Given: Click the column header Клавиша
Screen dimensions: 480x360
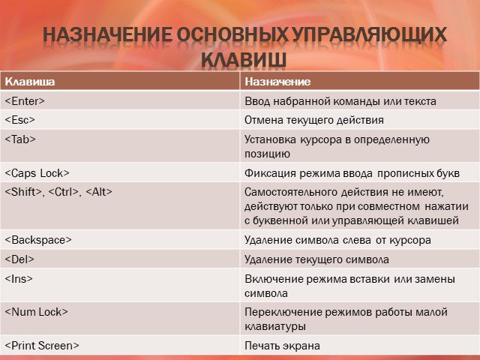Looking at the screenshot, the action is [30, 82].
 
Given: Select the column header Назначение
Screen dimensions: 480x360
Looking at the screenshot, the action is [277, 82].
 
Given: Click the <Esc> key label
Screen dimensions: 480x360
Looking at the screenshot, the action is [20, 120].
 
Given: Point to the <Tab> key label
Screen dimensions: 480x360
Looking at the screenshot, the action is [20, 139].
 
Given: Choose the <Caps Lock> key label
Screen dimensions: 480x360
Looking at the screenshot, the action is [37, 173].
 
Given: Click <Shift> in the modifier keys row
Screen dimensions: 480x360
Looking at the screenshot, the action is [23, 192].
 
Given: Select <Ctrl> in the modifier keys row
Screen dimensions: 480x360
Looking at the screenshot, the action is [63, 192].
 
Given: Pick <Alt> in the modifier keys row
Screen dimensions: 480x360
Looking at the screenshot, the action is [99, 192].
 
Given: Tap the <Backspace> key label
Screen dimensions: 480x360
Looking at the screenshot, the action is [38, 240].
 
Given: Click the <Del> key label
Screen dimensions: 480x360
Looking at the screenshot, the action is [19, 259].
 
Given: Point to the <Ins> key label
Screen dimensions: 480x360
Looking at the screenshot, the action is [19, 278].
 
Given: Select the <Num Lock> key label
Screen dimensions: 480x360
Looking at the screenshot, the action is [37, 312].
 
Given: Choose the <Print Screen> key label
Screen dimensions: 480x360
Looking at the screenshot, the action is [42, 345].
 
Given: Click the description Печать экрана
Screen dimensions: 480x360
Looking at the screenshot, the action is [282, 346].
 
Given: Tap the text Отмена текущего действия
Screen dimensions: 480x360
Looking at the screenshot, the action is [314, 120].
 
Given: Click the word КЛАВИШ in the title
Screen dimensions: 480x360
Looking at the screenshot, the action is [244, 59].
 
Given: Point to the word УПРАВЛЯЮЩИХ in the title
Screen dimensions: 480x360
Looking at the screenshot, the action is [369, 34].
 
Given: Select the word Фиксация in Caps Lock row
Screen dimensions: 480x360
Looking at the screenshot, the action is [271, 173].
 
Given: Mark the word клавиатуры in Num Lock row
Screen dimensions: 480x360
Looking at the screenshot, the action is [275, 326].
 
